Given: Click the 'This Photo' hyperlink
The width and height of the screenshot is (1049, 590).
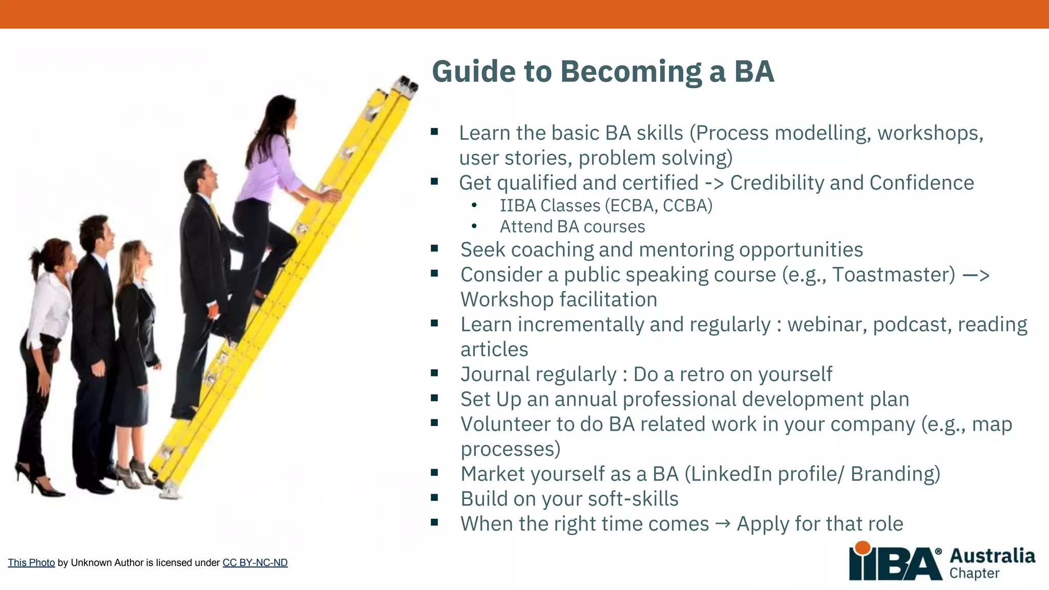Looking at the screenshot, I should pyautogui.click(x=31, y=562).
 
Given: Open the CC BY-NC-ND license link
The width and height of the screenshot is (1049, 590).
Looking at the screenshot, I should pyautogui.click(x=255, y=562).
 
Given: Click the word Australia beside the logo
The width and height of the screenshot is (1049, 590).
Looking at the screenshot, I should pyautogui.click(x=992, y=556).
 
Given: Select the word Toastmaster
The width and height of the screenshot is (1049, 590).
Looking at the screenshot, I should pyautogui.click(x=893, y=275).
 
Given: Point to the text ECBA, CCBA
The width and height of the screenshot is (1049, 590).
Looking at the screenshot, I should pyautogui.click(x=659, y=206).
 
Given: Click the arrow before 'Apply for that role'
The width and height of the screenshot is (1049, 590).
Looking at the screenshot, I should pyautogui.click(x=723, y=524).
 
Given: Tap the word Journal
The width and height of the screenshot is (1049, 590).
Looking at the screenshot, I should pyautogui.click(x=494, y=375).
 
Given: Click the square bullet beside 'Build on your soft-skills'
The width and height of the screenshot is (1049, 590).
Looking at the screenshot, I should pyautogui.click(x=434, y=497).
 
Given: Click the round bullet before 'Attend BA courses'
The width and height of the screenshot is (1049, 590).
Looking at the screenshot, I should pyautogui.click(x=474, y=226).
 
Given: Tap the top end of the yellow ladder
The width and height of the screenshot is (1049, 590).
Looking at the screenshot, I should pyautogui.click(x=407, y=85).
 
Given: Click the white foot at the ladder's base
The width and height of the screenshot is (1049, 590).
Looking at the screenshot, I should pyautogui.click(x=170, y=493).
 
